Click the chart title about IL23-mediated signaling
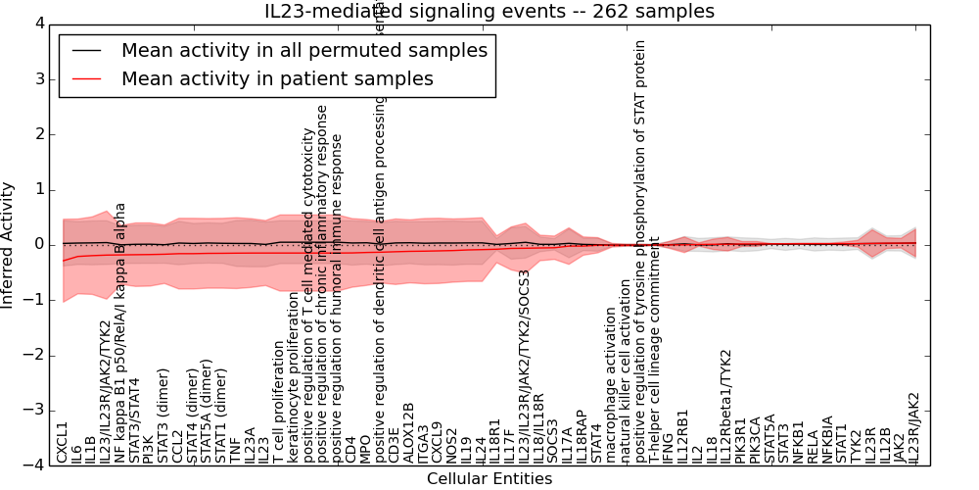489,12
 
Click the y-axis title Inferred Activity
9,244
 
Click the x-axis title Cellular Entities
489,479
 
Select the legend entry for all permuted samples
303,51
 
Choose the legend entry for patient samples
277,79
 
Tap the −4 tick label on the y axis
35,465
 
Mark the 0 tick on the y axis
40,244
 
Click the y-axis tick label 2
40,133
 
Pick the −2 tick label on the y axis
35,355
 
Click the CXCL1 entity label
63,442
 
